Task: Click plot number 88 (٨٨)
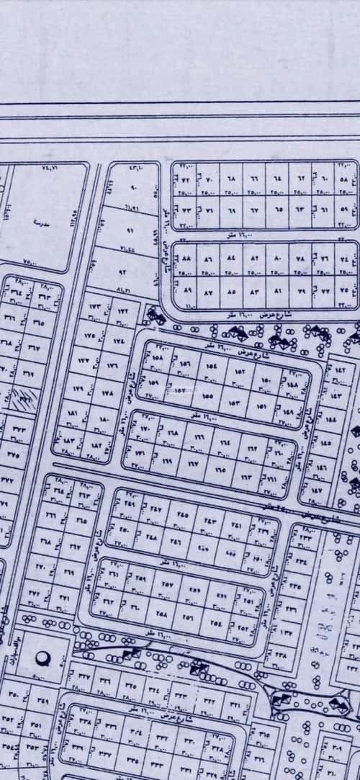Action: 186,256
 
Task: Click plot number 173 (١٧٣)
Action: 96,308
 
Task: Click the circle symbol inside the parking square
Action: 40,656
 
